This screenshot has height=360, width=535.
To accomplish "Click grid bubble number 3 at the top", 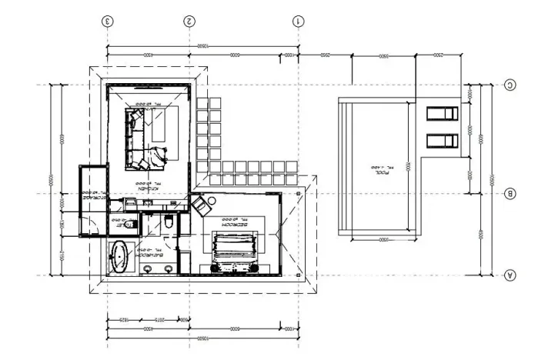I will pyautogui.click(x=109, y=21).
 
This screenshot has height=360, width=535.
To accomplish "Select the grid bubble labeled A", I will pyautogui.click(x=509, y=275).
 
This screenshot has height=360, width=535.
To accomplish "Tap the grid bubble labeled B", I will pyautogui.click(x=509, y=194).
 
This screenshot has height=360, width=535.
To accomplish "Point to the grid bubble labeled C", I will pyautogui.click(x=509, y=85).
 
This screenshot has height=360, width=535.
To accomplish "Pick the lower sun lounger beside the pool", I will pyautogui.click(x=441, y=141).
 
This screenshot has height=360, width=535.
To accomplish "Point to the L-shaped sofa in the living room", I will pyautogui.click(x=139, y=138).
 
